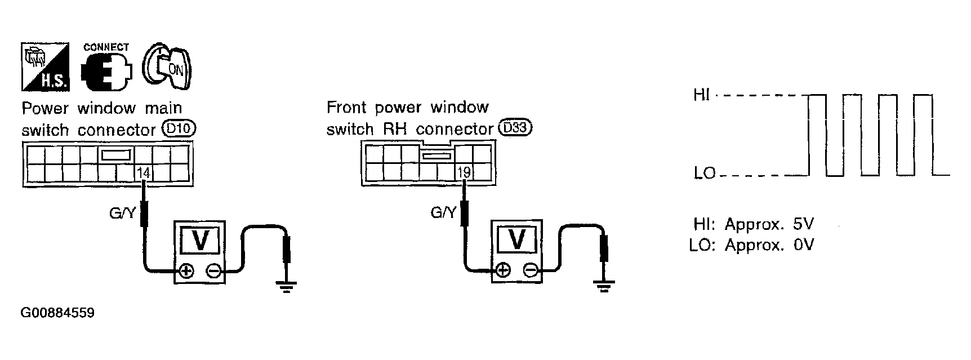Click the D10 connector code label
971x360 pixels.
pos(179,129)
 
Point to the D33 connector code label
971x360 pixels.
pos(515,128)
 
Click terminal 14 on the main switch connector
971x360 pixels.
pos(144,173)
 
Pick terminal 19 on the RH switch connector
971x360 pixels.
pos(464,172)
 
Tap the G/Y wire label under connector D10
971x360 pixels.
pos(122,214)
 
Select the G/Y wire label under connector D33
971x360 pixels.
pos(443,213)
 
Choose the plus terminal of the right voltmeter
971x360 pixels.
pos(503,271)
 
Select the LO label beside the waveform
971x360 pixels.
pos(704,173)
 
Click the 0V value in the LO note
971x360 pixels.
pos(803,246)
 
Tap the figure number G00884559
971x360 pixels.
pos(57,313)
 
